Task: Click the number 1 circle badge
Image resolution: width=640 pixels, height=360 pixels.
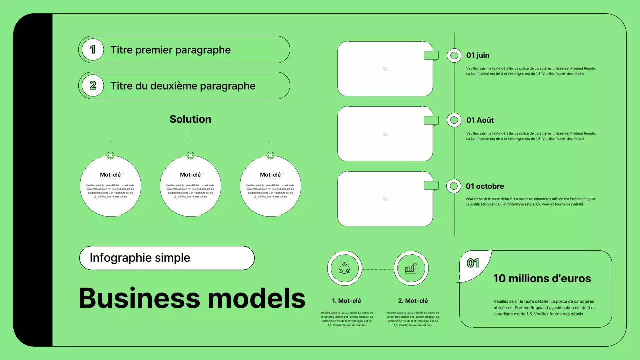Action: pyautogui.click(x=92, y=50)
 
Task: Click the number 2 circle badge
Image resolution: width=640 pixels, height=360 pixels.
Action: pyautogui.click(x=92, y=86)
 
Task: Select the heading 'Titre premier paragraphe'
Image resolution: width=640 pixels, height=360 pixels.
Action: pyautogui.click(x=170, y=50)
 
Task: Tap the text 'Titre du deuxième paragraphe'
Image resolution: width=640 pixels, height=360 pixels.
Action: pyautogui.click(x=183, y=86)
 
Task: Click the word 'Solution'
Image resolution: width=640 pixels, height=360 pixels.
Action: pyautogui.click(x=190, y=119)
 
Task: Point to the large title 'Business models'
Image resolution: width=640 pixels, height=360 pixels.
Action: pyautogui.click(x=192, y=298)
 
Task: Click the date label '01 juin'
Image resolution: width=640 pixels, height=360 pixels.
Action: pyautogui.click(x=477, y=55)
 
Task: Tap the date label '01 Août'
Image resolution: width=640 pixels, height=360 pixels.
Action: pyautogui.click(x=480, y=120)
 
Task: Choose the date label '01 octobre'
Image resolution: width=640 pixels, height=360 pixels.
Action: pyautogui.click(x=485, y=186)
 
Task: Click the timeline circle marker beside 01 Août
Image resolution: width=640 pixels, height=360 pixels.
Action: pyautogui.click(x=454, y=120)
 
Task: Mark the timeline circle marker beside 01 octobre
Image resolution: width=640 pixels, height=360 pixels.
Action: pyautogui.click(x=454, y=186)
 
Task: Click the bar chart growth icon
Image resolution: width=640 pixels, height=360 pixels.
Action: pyautogui.click(x=411, y=268)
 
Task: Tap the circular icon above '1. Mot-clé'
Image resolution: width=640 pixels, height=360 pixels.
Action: pyautogui.click(x=344, y=268)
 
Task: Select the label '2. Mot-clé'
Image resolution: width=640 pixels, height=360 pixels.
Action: pyautogui.click(x=413, y=301)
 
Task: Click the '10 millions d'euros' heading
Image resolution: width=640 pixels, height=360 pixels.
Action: pyautogui.click(x=542, y=279)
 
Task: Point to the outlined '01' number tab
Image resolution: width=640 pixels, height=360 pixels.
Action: pyautogui.click(x=473, y=263)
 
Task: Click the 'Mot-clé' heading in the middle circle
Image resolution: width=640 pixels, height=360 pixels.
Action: pyautogui.click(x=190, y=175)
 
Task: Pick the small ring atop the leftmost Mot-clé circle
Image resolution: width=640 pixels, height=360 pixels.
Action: pyautogui.click(x=111, y=156)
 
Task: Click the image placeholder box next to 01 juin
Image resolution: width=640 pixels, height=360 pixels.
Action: pyautogui.click(x=385, y=69)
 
